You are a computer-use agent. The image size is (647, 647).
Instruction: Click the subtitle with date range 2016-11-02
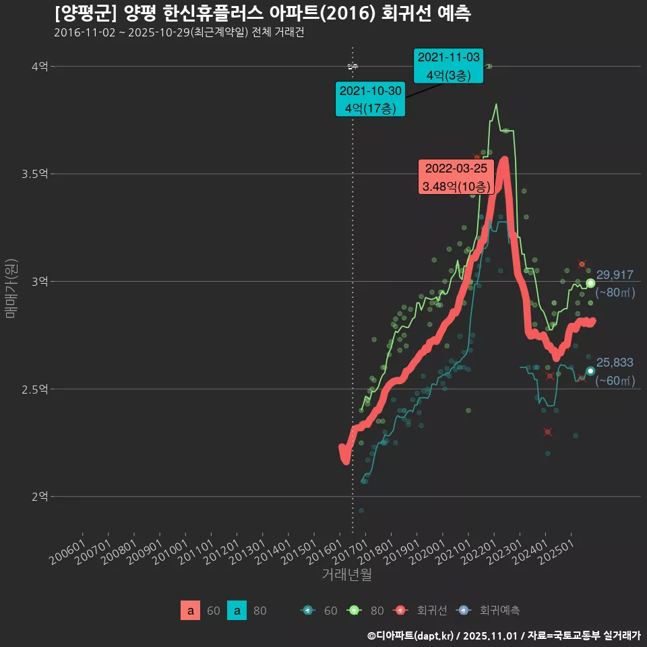tap(179, 32)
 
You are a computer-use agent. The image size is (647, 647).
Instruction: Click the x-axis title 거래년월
tap(346, 574)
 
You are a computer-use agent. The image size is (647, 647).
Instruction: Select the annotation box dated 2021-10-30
tap(370, 99)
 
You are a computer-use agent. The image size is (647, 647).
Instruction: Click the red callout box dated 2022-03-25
tap(456, 177)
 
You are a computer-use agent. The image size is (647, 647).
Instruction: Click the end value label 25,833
tap(615, 363)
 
